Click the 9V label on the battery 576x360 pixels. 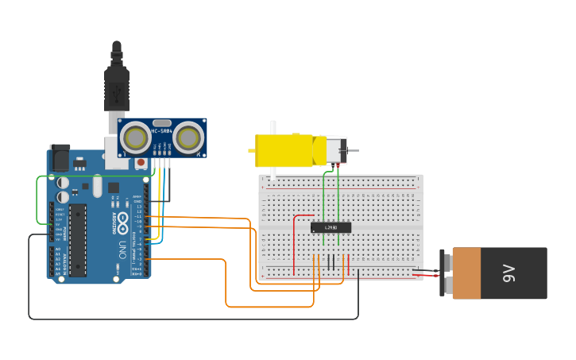tap(509, 273)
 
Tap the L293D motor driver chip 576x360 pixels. tap(331, 228)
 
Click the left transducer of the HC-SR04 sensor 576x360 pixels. tap(136, 138)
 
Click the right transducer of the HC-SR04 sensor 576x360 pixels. tap(187, 138)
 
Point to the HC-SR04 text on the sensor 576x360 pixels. tap(162, 130)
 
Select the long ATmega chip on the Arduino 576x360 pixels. tap(78, 239)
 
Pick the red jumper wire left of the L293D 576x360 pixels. tap(295, 238)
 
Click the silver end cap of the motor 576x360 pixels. tap(338, 150)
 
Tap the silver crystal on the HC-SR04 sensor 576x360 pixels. tap(162, 120)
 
